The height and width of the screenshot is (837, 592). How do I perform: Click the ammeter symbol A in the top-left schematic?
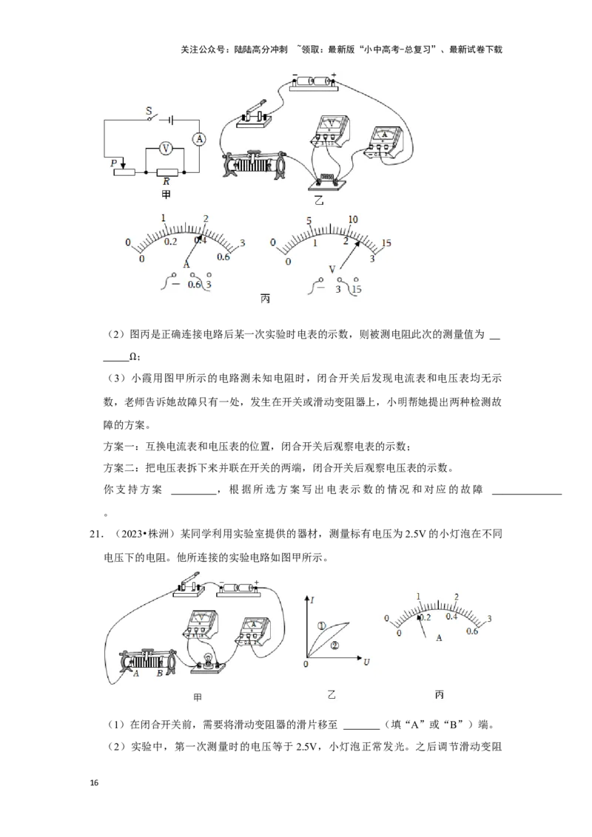coord(199,139)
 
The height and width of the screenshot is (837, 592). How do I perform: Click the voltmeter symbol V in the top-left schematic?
coord(166,149)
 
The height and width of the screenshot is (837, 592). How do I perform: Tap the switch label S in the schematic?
coord(149,111)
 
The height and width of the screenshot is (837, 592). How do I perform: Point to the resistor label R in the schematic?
coord(166,181)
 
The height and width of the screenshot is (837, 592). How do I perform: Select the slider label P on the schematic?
coord(114,163)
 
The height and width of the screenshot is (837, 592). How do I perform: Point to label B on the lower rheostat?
coord(159,674)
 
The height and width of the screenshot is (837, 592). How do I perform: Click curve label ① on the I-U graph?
coord(322,626)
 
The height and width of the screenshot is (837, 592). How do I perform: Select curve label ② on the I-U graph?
coord(335,645)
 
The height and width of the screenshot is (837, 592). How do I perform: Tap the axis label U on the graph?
coord(366,662)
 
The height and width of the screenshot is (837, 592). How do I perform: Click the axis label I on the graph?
coord(312,600)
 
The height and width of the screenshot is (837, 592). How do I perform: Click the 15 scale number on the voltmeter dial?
coord(386,243)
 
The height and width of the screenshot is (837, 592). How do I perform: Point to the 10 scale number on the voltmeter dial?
coord(353,220)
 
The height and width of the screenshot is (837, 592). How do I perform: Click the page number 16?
coord(95,783)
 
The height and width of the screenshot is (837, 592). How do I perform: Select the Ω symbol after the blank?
coord(133,356)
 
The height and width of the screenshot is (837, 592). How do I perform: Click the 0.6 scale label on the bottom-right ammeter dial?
coord(472,631)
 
